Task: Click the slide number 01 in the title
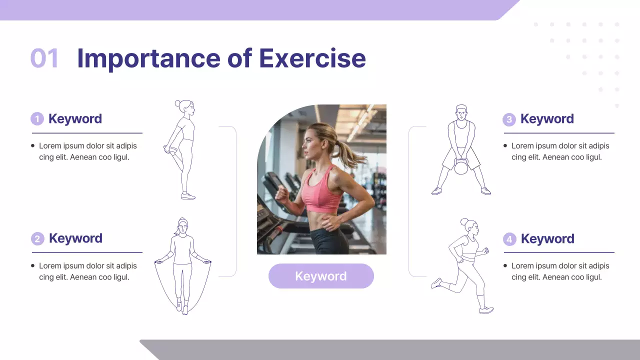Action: coord(44,58)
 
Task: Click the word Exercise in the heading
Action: coord(312,58)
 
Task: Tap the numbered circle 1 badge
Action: coord(37,119)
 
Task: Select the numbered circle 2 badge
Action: coord(37,238)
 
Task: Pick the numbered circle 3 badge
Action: coord(509,119)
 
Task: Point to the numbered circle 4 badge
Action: coord(509,239)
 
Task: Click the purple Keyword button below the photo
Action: coord(321,276)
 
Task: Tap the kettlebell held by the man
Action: coord(461,167)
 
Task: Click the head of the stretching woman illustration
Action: coord(185,107)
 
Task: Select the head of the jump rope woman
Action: coord(182,227)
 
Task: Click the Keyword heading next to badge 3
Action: coord(547,119)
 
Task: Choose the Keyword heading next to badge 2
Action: coord(75,238)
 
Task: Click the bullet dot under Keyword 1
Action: coord(33,146)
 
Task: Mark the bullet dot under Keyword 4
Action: coord(505,266)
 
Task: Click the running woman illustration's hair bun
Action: coord(464,221)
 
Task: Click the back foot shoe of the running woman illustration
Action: coord(436,283)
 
